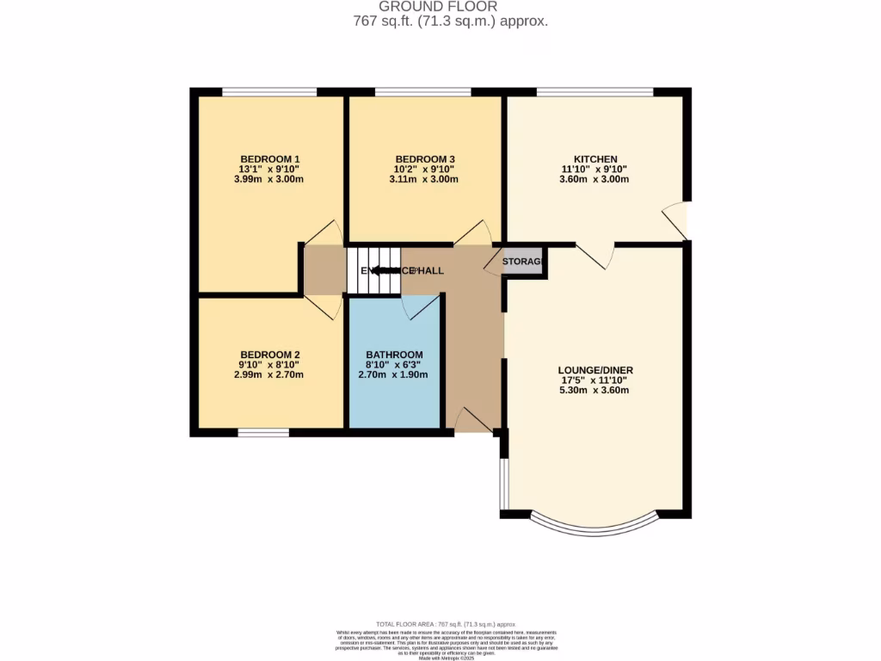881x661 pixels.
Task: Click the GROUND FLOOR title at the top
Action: click(450, 7)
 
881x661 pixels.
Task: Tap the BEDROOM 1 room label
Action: click(269, 158)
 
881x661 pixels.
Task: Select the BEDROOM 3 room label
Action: click(424, 159)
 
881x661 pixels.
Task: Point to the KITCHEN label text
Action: click(595, 159)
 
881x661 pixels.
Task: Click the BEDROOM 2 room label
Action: click(269, 355)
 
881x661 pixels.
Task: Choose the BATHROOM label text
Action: click(394, 355)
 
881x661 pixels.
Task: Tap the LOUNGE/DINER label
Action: click(595, 370)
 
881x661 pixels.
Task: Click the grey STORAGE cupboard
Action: click(523, 261)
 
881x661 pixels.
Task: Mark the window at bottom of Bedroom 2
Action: click(263, 432)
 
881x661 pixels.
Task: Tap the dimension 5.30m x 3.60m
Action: click(595, 391)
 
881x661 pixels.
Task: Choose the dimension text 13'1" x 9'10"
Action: click(269, 170)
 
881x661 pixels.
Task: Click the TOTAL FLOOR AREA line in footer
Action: click(446, 623)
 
